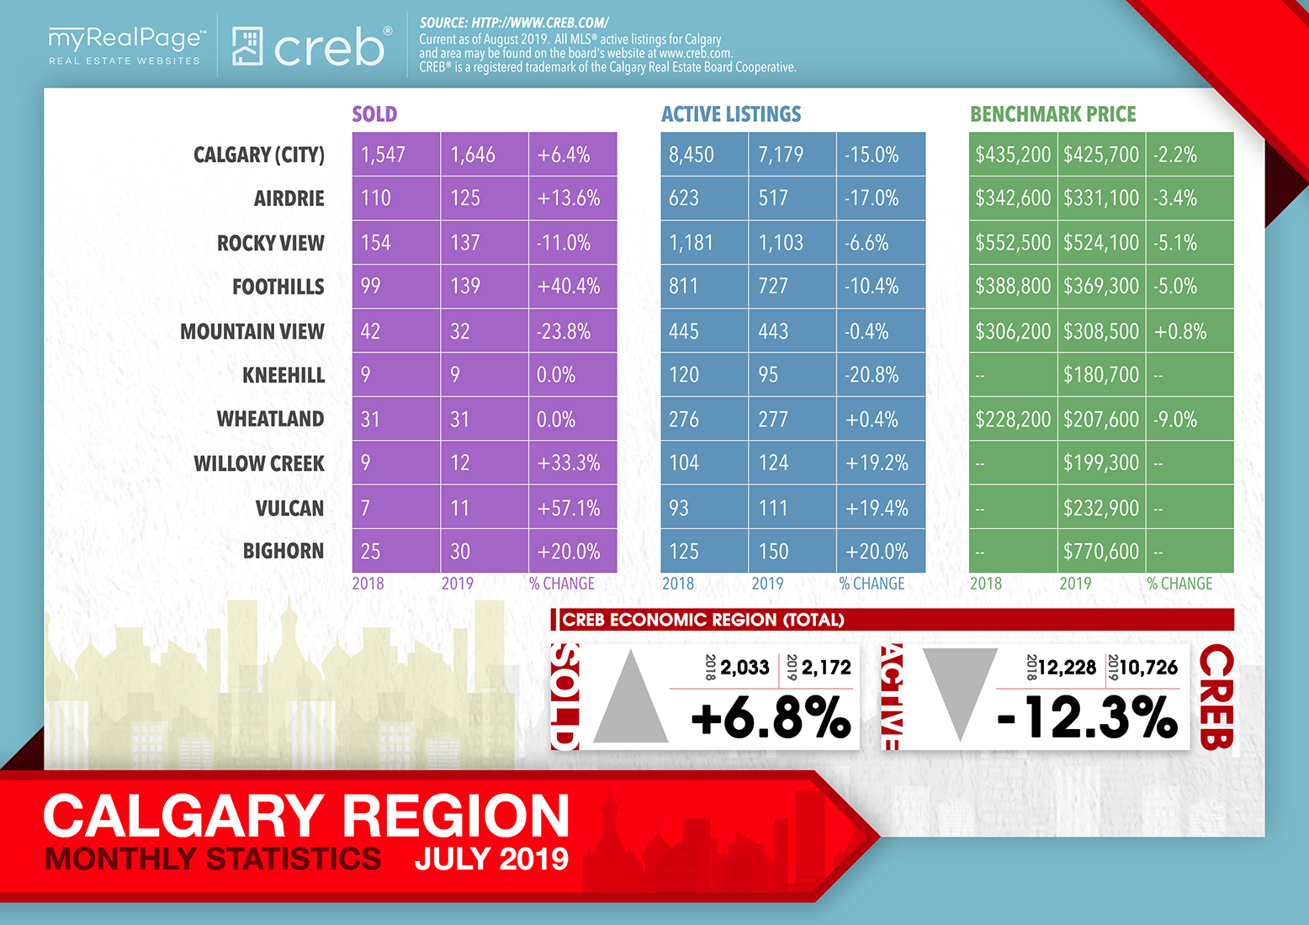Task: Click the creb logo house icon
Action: pyautogui.click(x=247, y=45)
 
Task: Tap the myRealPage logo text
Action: pyautogui.click(x=127, y=39)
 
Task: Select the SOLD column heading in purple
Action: pyautogui.click(x=374, y=114)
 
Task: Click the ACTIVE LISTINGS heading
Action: pyautogui.click(x=731, y=114)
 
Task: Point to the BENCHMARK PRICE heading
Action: pyautogui.click(x=1053, y=114)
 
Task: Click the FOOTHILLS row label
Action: pyautogui.click(x=278, y=287)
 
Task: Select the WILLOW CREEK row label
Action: pyautogui.click(x=259, y=463)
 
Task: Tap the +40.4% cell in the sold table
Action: pyautogui.click(x=569, y=286)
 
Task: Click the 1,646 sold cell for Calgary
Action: pyautogui.click(x=473, y=155)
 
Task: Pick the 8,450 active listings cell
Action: pyautogui.click(x=692, y=155)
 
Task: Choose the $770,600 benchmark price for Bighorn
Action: pyautogui.click(x=1101, y=552)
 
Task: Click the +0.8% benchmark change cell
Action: pyautogui.click(x=1179, y=331)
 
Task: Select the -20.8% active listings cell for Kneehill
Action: pyautogui.click(x=872, y=375)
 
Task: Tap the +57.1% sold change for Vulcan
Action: pyautogui.click(x=569, y=508)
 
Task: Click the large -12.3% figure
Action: pyautogui.click(x=1087, y=717)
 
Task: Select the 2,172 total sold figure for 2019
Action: pyautogui.click(x=826, y=668)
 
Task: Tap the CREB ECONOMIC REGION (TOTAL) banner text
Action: pyautogui.click(x=703, y=620)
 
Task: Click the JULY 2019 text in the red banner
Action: pyautogui.click(x=491, y=859)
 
